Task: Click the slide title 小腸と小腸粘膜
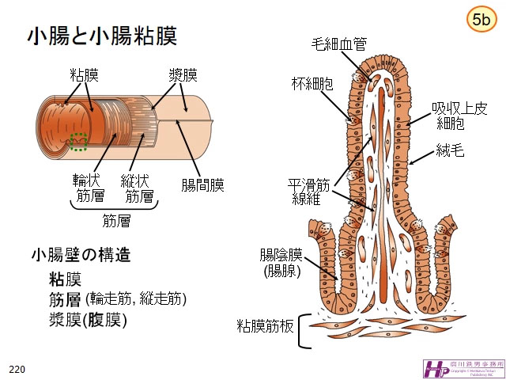click(x=101, y=36)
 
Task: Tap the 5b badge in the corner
click(x=480, y=21)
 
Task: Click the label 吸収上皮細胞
click(x=453, y=116)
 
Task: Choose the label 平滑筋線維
click(x=308, y=191)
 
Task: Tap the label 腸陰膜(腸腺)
click(x=282, y=262)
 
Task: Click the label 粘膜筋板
click(x=266, y=326)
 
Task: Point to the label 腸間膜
click(x=202, y=185)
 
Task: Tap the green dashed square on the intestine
click(x=78, y=141)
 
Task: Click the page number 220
click(x=17, y=370)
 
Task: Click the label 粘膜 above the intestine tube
click(x=85, y=75)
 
